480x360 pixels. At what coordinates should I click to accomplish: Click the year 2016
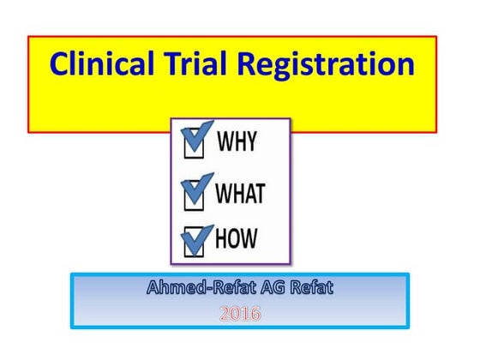tap(240, 315)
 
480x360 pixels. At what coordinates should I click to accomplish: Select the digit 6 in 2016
tap(255, 315)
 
